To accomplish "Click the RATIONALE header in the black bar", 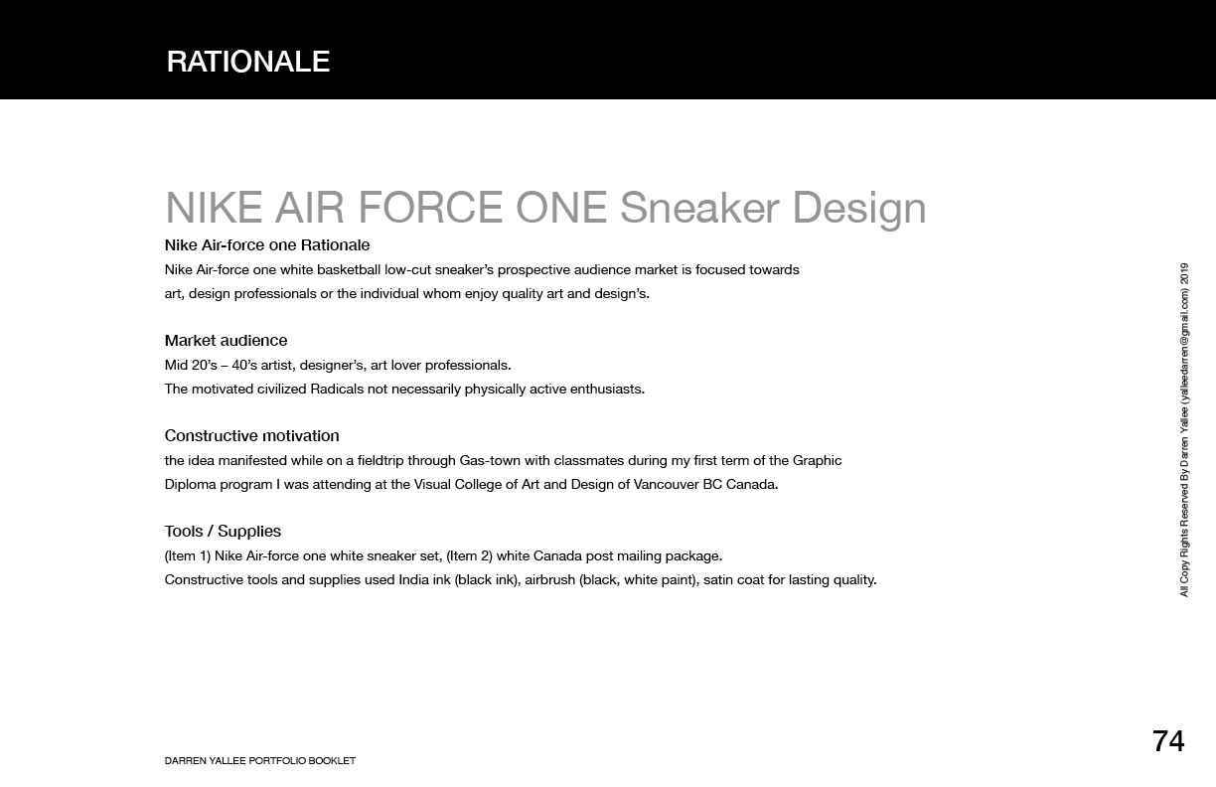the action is [248, 62].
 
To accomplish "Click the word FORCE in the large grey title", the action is [430, 208].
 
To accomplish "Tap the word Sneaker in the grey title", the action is [699, 208].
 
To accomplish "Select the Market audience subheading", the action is [226, 341].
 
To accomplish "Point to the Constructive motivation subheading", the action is [252, 435].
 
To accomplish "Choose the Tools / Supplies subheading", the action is [223, 532].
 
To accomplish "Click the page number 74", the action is [1168, 741].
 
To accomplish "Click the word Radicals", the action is [337, 390].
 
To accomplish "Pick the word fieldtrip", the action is [380, 461].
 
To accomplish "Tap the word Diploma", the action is [190, 485].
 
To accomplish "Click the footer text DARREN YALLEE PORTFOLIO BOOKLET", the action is [260, 761].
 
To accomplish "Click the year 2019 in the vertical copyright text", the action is [1184, 273].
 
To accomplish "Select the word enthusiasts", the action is [607, 390].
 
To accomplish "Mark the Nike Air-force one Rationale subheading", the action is [267, 245].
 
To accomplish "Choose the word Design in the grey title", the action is [859, 209].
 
